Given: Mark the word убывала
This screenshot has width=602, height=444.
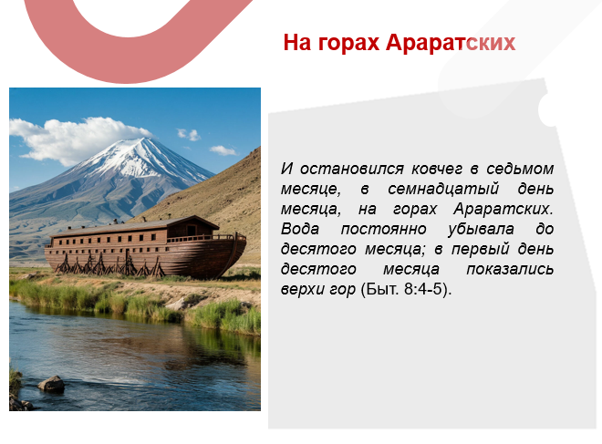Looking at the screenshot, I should tap(480, 229).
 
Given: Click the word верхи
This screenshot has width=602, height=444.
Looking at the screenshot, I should tap(306, 289).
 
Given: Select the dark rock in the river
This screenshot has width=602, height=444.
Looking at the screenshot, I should tap(51, 384).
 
